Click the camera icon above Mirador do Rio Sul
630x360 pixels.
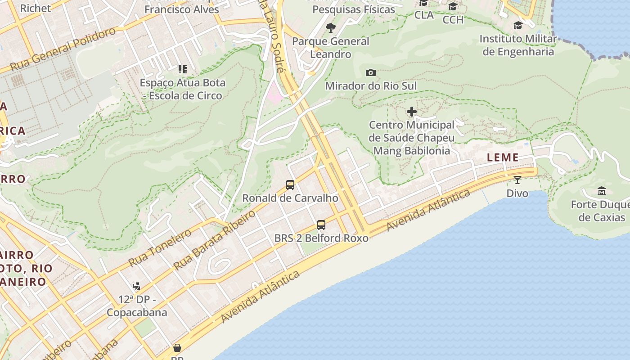(x=371, y=72)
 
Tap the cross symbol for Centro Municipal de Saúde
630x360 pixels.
(x=411, y=112)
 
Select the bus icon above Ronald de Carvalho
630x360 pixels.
(x=290, y=184)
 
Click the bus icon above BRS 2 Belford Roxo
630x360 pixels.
(x=321, y=225)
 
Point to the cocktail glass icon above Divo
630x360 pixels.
(x=517, y=180)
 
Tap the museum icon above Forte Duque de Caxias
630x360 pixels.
(x=601, y=191)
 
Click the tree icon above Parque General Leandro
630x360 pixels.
(x=331, y=28)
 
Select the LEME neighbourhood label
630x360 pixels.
(x=503, y=157)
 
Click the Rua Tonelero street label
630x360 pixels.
(x=160, y=248)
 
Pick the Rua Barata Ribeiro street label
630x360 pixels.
(x=215, y=239)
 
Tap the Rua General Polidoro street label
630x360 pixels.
(x=63, y=49)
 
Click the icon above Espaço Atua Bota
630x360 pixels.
(x=182, y=69)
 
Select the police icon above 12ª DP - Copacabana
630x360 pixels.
(x=137, y=286)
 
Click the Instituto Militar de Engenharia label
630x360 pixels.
(x=518, y=45)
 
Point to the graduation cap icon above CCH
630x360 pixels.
(x=453, y=7)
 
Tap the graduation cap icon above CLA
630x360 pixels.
(x=423, y=3)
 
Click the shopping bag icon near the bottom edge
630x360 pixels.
(x=177, y=348)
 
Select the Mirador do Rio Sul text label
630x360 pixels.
(x=371, y=86)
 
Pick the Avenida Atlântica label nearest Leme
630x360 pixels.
(x=428, y=210)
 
